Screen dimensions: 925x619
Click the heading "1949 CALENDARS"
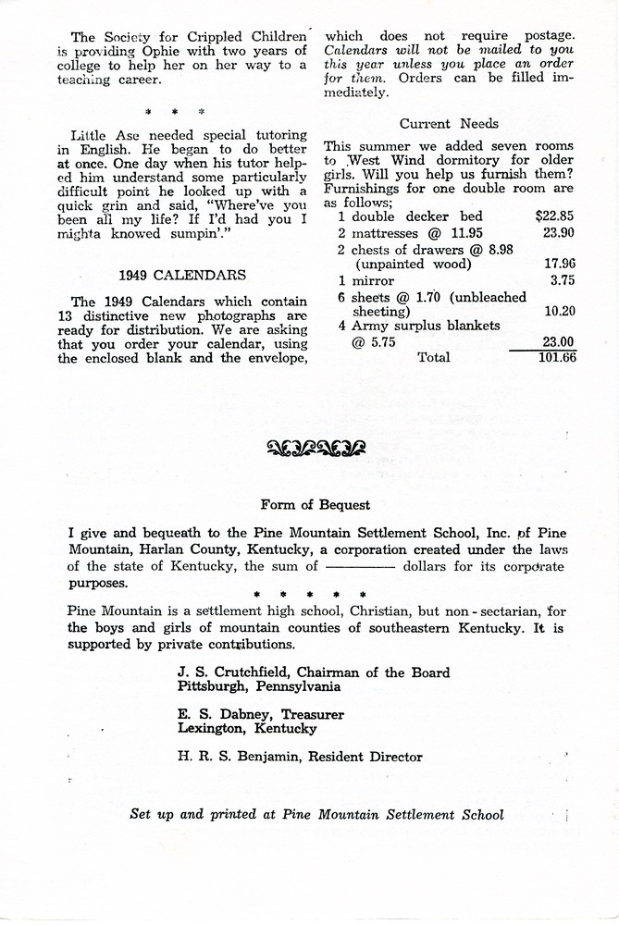point(182,275)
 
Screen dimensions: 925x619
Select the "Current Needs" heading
point(449,123)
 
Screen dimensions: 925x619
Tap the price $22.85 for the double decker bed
point(555,216)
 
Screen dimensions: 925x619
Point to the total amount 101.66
point(557,357)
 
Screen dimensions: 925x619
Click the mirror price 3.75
point(563,280)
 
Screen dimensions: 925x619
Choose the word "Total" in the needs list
point(434,357)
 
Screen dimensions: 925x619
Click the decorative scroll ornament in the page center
point(316,450)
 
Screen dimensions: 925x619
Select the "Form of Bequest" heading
point(316,504)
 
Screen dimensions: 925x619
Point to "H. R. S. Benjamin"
point(238,757)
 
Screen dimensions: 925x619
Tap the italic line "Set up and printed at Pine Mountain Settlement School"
point(317,814)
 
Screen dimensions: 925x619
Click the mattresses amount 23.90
point(559,232)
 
